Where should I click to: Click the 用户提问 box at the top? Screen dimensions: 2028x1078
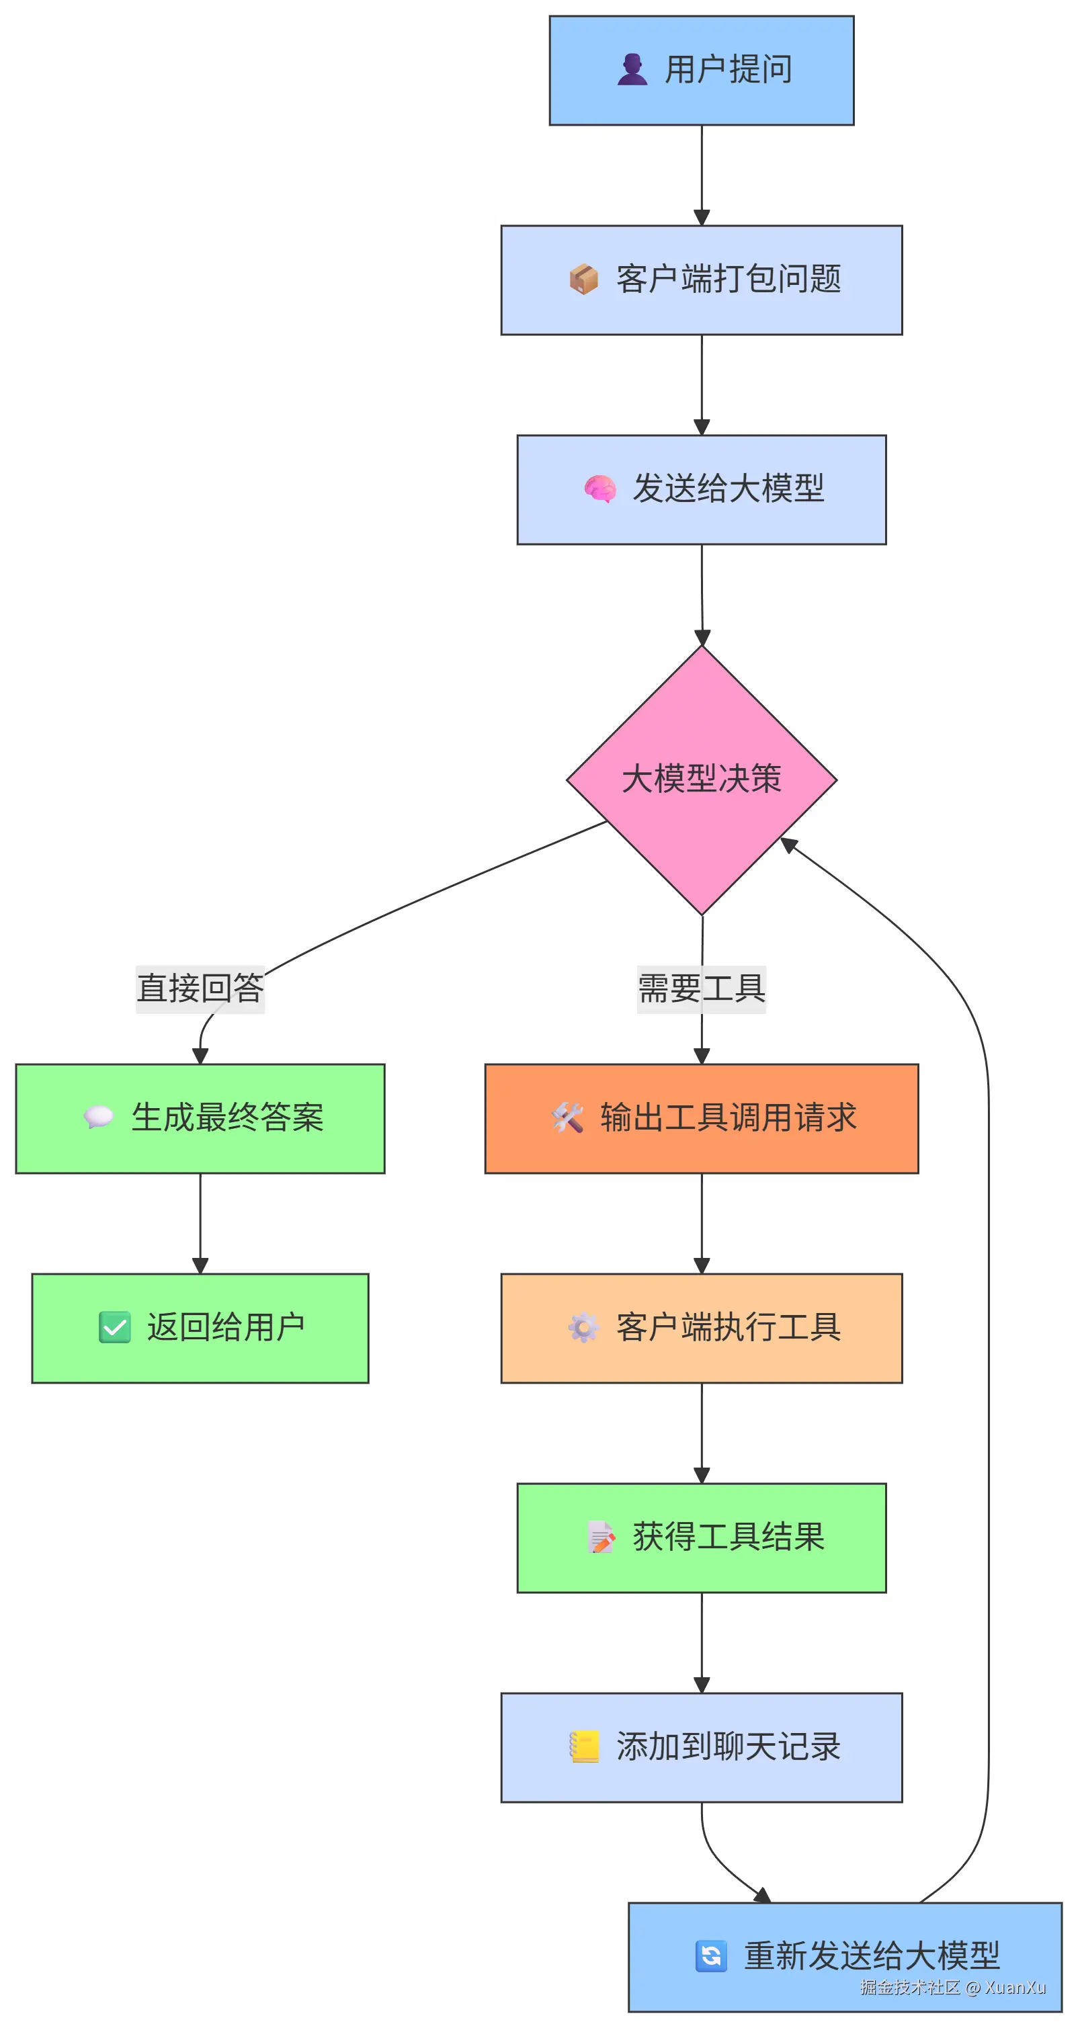[x=701, y=70]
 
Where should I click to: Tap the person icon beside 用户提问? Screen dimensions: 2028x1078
[x=632, y=69]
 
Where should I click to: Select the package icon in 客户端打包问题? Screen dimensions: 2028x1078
[x=583, y=280]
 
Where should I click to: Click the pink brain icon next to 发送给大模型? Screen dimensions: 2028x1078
[x=600, y=489]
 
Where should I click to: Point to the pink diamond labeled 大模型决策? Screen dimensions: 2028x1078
[x=701, y=779]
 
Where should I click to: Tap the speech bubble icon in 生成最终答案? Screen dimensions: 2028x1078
[x=98, y=1116]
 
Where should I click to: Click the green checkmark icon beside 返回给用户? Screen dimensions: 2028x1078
[x=115, y=1326]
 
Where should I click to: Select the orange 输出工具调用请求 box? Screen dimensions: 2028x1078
[x=701, y=1118]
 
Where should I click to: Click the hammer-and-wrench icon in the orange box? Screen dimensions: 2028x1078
[x=567, y=1117]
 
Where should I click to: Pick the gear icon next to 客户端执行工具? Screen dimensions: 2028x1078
[x=583, y=1327]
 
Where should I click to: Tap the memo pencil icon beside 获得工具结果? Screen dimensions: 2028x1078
[x=601, y=1537]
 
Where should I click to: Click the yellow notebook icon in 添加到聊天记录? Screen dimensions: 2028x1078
[x=584, y=1746]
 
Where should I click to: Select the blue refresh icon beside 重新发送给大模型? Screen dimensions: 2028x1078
[x=711, y=1955]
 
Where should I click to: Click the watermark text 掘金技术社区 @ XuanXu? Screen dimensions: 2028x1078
[x=952, y=1988]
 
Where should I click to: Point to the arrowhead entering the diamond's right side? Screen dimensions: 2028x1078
[x=788, y=844]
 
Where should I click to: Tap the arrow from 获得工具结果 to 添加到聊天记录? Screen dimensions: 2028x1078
[x=702, y=1642]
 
